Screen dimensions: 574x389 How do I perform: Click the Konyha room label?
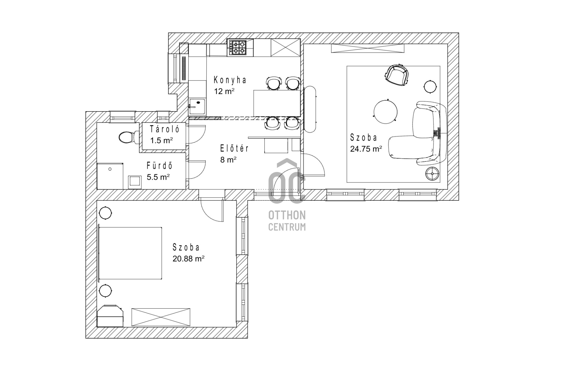pyautogui.click(x=230, y=80)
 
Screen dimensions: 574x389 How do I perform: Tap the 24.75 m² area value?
pyautogui.click(x=366, y=149)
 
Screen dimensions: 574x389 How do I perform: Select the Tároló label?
pyautogui.click(x=164, y=129)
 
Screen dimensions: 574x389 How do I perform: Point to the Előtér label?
pyautogui.click(x=234, y=148)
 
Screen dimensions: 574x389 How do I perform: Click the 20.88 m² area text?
pyautogui.click(x=188, y=259)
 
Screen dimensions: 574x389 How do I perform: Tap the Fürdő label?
pyautogui.click(x=159, y=166)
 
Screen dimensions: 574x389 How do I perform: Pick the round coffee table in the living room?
pyautogui.click(x=385, y=112)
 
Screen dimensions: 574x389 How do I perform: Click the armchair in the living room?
pyautogui.click(x=397, y=75)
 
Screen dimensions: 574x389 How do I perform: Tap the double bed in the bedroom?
pyautogui.click(x=130, y=253)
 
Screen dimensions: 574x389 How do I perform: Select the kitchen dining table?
pyautogui.click(x=277, y=103)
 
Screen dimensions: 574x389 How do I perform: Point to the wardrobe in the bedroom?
pyautogui.click(x=161, y=318)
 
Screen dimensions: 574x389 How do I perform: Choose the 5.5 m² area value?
pyautogui.click(x=158, y=177)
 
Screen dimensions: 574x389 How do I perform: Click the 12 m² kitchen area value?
pyautogui.click(x=224, y=91)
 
